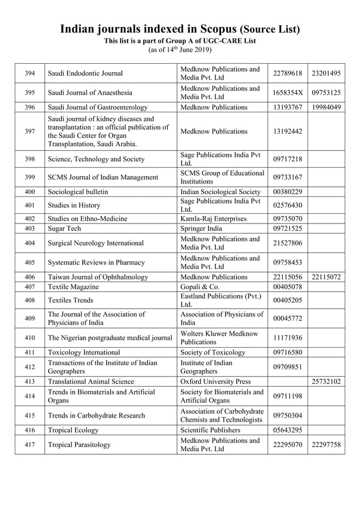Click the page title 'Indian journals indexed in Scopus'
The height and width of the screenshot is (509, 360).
148,29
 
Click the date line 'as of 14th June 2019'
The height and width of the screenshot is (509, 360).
179,50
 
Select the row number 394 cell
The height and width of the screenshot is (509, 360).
30,73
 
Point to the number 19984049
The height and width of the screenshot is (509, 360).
326,107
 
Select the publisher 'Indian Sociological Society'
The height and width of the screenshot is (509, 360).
221,192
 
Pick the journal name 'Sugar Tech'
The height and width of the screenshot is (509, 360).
64,229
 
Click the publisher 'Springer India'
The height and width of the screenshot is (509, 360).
201,229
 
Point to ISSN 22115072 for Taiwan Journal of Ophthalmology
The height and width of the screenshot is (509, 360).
326,277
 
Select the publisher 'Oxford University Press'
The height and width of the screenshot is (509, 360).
216,381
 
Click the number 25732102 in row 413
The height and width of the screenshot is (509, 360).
326,381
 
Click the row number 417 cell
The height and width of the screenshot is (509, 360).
30,445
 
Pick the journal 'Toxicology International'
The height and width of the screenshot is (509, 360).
84,352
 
